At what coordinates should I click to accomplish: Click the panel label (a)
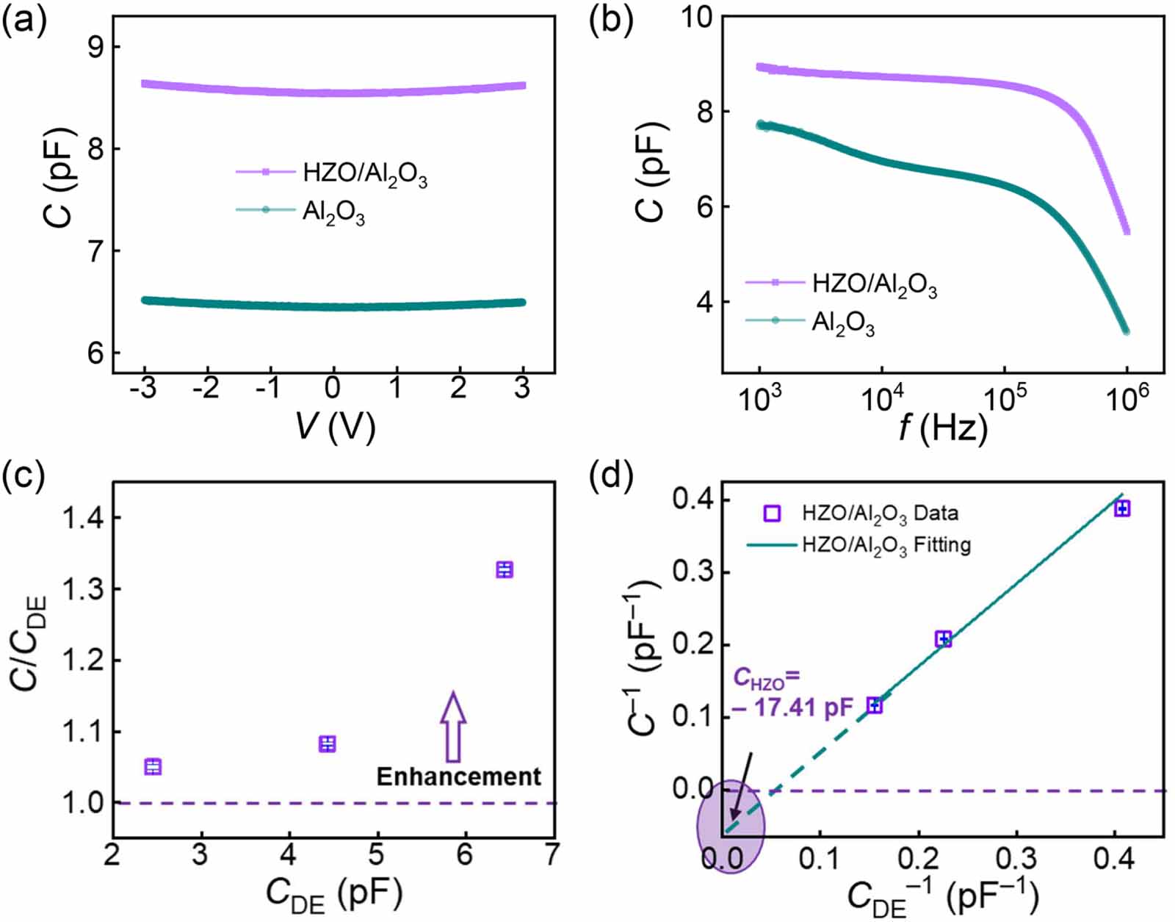[24, 22]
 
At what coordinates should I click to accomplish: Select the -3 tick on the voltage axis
[142, 387]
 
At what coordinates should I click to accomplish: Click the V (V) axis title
[335, 426]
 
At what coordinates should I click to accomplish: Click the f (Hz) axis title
[943, 427]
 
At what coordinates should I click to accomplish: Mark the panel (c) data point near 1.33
[504, 570]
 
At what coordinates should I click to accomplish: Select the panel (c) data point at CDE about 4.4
[327, 744]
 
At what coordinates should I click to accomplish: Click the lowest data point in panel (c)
[153, 767]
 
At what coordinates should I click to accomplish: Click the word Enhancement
[458, 777]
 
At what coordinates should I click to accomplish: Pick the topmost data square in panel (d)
[1121, 508]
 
